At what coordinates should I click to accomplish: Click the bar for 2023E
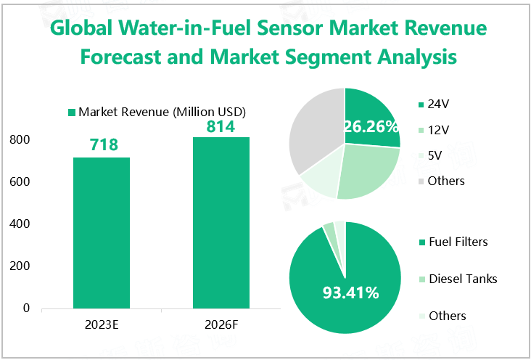point(102,233)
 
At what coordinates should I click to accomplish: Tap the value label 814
point(221,126)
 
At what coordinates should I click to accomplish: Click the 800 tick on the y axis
point(20,139)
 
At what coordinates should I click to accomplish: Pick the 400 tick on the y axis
point(20,224)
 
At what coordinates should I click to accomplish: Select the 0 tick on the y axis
point(26,308)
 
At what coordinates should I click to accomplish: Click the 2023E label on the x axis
point(102,324)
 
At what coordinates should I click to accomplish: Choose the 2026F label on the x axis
point(221,324)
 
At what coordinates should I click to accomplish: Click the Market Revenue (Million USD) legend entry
point(157,112)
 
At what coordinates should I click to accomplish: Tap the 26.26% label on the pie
point(371,127)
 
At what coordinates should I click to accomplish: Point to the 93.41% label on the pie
point(351,293)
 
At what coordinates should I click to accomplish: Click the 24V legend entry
point(437,104)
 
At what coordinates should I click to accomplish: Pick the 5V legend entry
point(435,155)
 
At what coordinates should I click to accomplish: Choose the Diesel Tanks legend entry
point(463,278)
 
